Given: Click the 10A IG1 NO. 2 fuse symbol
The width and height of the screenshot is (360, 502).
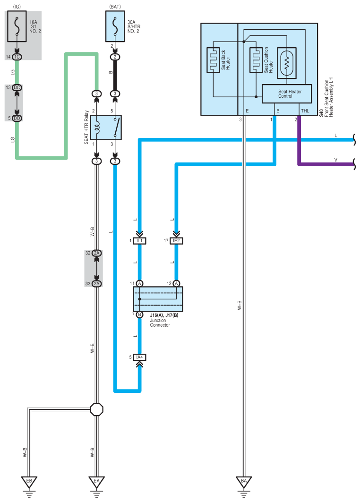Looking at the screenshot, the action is (17, 26).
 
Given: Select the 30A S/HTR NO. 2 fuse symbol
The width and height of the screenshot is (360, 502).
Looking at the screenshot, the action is (115, 26).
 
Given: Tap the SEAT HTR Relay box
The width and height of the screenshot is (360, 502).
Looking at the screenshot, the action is (106, 128).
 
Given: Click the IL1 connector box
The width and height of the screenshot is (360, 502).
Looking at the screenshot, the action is (140, 241).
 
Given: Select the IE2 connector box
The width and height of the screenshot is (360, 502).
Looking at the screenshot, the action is (176, 241).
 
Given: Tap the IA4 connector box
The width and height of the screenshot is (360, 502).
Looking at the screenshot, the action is (140, 357).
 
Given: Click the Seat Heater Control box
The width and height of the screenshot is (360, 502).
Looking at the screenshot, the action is (287, 94).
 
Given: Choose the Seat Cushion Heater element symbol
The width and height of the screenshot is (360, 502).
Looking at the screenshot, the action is (256, 60).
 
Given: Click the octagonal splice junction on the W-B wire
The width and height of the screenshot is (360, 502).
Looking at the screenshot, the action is (97, 409).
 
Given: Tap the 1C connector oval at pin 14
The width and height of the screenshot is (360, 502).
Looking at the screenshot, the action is (17, 57).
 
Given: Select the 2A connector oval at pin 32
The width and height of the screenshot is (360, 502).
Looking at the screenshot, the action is (97, 253).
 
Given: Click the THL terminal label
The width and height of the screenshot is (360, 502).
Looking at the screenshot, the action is (305, 111).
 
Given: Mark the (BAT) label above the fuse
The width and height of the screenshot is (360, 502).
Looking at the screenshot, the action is (115, 7).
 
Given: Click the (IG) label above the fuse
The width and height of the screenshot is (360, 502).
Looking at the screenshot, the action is (17, 7).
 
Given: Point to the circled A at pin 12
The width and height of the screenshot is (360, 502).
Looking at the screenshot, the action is (176, 283).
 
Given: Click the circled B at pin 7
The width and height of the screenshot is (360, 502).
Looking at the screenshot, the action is (140, 315).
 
